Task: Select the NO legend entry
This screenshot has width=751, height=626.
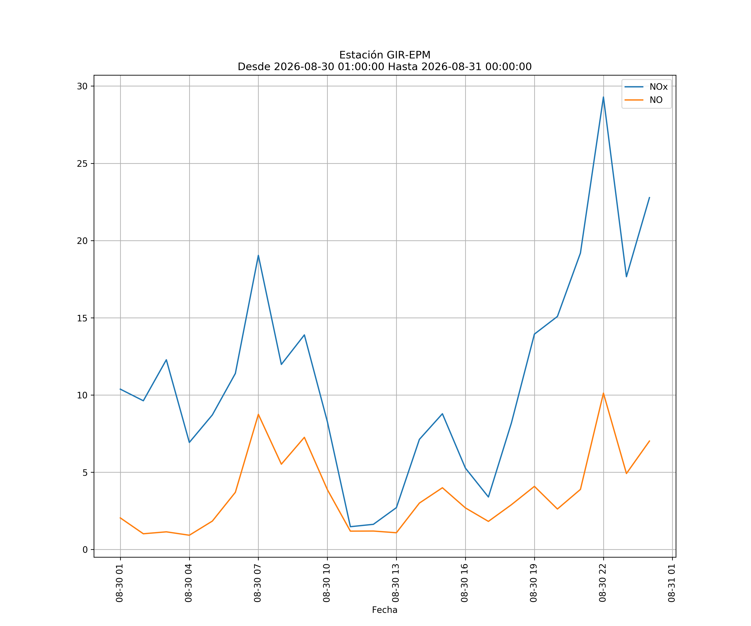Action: (644, 100)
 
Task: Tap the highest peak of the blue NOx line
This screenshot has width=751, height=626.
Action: (603, 97)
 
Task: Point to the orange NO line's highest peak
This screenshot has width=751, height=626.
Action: (603, 393)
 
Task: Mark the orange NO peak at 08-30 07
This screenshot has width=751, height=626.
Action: (258, 414)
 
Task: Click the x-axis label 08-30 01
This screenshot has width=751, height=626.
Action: (120, 583)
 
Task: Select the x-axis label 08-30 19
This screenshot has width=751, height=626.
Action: (534, 583)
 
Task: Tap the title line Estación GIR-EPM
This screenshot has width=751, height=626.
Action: (385, 55)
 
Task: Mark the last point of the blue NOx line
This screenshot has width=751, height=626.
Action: (649, 197)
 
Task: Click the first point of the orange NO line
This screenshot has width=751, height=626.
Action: (120, 518)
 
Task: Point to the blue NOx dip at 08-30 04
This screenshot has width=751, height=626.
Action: (189, 443)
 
